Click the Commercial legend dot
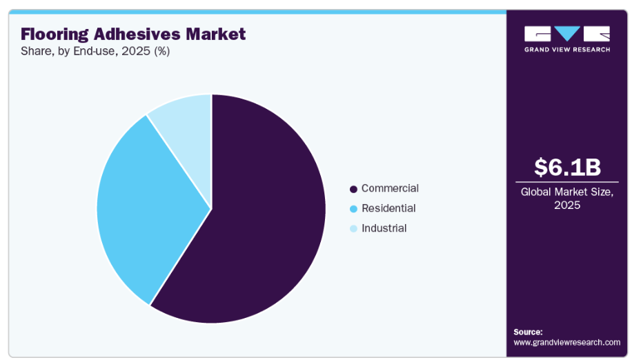(354, 189)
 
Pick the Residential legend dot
(354, 209)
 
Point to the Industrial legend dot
(354, 229)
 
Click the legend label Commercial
(390, 188)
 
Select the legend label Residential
(388, 208)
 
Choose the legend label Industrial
(384, 228)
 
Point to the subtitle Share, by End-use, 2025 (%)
(95, 52)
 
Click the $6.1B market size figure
(568, 167)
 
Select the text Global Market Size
(567, 192)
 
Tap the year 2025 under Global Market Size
(567, 205)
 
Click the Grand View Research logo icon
(566, 34)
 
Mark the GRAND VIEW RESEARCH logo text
(567, 49)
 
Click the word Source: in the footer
(528, 332)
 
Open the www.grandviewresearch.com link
(566, 342)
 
